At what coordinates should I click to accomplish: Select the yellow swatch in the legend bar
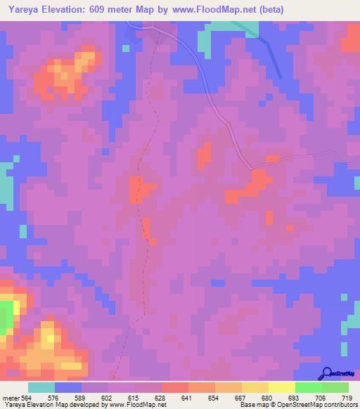pyautogui.click(x=281, y=387)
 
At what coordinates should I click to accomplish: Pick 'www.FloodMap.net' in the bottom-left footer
pyautogui.click(x=134, y=405)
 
